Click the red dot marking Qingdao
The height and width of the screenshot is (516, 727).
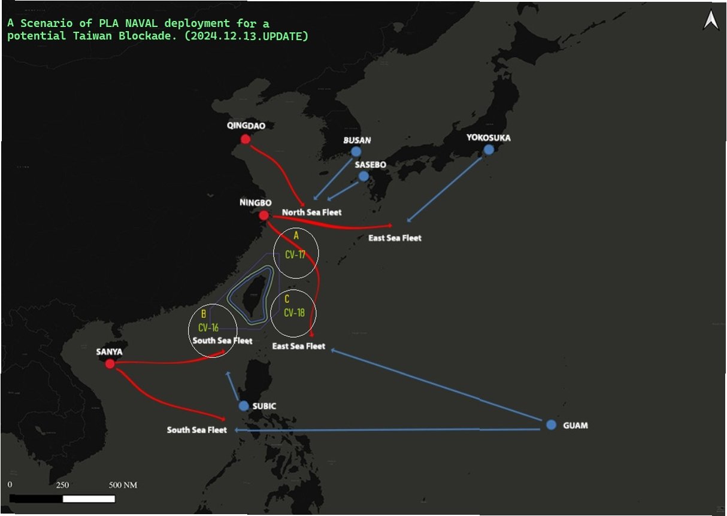(245, 139)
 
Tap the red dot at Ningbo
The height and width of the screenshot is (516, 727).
(263, 215)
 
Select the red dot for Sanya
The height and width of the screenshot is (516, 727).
(110, 363)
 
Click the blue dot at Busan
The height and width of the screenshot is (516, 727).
(356, 151)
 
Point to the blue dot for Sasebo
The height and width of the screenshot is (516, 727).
(363, 176)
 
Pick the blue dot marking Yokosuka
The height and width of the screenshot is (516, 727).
(489, 149)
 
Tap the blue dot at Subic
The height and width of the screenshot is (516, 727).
(244, 406)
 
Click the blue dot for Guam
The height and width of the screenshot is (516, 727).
(551, 424)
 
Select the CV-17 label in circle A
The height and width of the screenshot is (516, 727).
(295, 254)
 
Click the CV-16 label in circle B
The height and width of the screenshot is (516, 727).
(208, 327)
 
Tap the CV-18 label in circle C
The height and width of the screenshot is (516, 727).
(294, 312)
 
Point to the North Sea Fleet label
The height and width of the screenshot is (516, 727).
(312, 213)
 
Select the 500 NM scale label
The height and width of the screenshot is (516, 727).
(123, 485)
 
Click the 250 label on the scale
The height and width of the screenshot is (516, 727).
(62, 485)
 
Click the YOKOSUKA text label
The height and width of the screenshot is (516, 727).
(489, 138)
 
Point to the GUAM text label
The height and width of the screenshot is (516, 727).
(575, 426)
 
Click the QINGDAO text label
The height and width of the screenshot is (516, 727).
(246, 126)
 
